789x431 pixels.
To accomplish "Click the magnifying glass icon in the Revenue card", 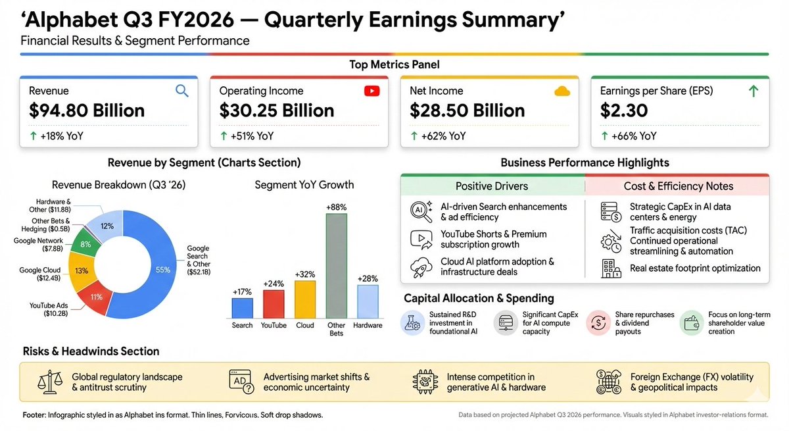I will coord(182,91).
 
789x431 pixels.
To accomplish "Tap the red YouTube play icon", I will coord(371,91).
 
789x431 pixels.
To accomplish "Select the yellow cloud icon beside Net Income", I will coord(562,91).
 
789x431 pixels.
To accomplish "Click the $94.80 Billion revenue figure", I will coord(87,111).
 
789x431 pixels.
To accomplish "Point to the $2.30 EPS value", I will coord(624,111).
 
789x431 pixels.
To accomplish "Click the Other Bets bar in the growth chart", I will coord(336,266).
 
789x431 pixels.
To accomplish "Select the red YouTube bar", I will coord(274,304).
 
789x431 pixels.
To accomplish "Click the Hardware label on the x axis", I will coord(368,326).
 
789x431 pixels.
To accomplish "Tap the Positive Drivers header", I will coord(492,186).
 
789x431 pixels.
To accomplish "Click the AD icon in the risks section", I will coord(241,382).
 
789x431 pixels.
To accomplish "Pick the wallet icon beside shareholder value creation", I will coord(691,323).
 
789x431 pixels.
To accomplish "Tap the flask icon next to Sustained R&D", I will coord(413,323).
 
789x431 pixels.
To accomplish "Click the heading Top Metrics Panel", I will coord(394,64).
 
